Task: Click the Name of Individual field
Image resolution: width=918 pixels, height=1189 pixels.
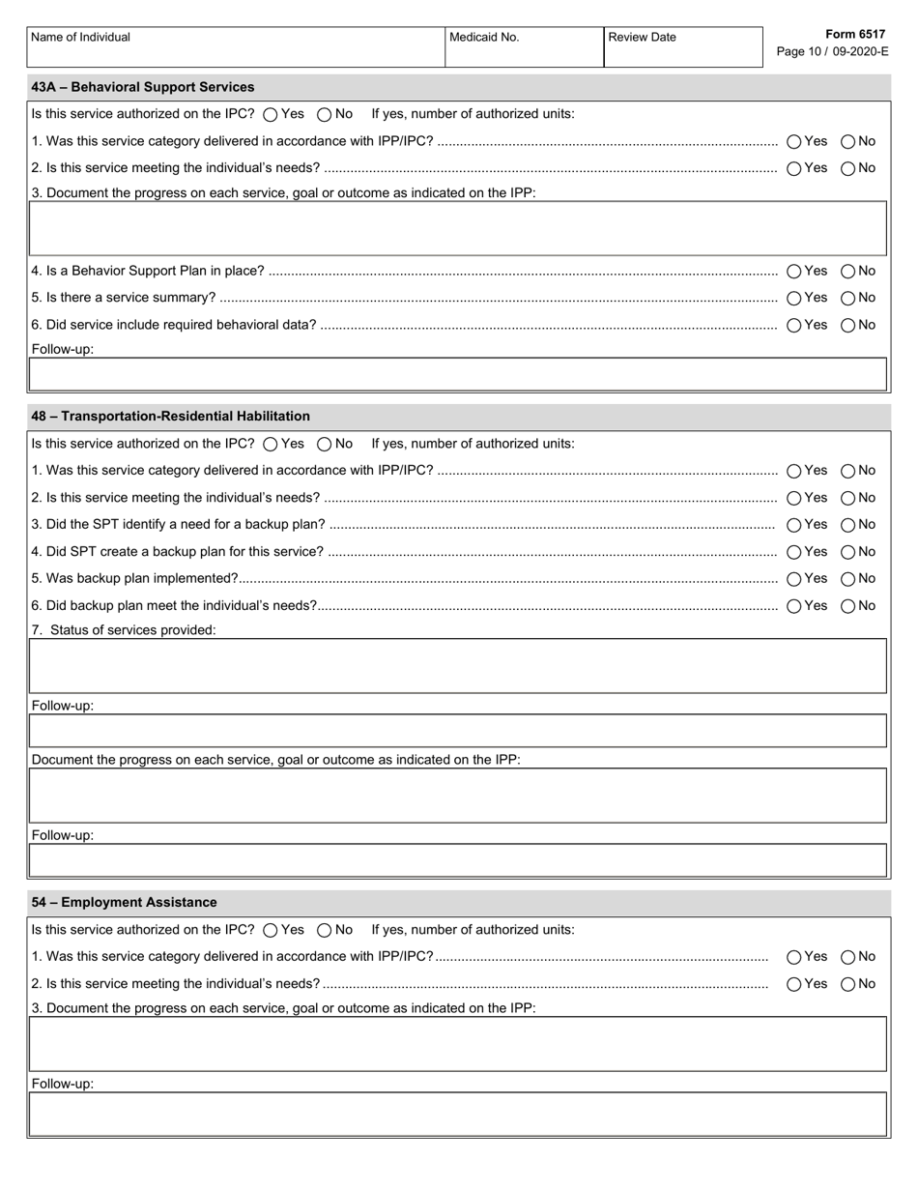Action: (x=236, y=54)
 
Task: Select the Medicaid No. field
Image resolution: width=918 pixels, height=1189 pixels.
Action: (x=524, y=54)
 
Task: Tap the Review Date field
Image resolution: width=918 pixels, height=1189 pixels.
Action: (x=682, y=54)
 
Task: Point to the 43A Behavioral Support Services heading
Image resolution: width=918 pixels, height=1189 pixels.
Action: (x=143, y=87)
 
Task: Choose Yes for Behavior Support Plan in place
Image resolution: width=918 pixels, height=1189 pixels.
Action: (x=794, y=272)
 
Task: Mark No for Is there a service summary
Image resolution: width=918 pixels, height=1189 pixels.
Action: (x=847, y=299)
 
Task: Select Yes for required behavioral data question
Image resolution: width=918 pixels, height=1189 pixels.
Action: (x=794, y=326)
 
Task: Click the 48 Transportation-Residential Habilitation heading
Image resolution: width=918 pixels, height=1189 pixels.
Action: (x=171, y=417)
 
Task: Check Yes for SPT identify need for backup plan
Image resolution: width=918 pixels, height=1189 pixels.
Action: (x=794, y=525)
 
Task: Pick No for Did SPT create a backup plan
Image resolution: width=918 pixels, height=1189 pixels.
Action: (x=847, y=552)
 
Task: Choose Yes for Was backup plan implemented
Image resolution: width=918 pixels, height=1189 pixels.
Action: (x=794, y=579)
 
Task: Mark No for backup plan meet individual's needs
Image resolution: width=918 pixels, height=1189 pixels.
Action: (x=847, y=606)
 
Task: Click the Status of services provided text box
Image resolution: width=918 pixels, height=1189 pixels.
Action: (x=458, y=666)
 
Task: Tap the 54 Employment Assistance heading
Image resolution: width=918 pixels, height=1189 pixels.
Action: (x=124, y=903)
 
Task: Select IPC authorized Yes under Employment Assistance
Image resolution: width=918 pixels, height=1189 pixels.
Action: (x=271, y=930)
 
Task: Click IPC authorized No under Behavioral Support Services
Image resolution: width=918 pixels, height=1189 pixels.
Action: (x=325, y=114)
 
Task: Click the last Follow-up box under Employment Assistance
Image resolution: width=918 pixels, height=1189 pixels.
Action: (x=458, y=1114)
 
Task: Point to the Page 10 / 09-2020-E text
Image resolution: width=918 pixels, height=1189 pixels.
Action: (x=832, y=51)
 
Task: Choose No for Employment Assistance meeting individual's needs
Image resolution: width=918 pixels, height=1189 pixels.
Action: (x=847, y=984)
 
